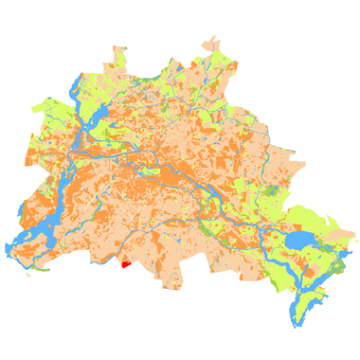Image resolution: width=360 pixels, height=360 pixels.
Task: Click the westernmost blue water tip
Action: (7, 248)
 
